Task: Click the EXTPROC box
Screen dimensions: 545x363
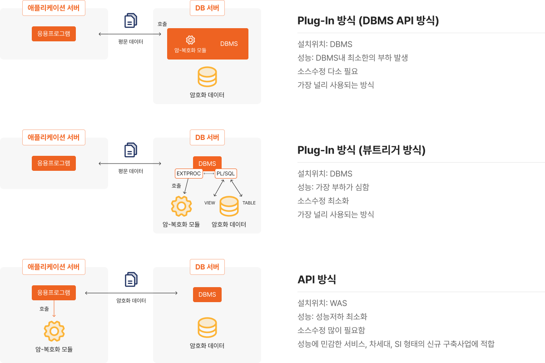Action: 189,174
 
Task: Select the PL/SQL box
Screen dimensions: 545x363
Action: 226,174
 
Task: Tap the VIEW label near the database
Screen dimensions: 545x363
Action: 210,203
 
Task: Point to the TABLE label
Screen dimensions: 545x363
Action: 249,203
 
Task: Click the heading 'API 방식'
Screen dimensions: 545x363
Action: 317,279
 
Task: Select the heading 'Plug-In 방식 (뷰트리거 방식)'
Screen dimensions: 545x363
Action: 362,150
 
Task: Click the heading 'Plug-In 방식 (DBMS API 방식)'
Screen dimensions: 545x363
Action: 368,20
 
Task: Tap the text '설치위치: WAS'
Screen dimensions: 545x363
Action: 322,303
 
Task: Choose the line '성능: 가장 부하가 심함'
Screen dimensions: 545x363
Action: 333,187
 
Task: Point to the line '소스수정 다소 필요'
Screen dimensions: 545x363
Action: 328,71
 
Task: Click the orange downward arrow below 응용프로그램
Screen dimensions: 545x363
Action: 54,308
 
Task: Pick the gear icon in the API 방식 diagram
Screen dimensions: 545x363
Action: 54,331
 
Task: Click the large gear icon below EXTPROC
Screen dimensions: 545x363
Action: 182,206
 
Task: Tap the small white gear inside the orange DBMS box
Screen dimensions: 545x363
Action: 190,40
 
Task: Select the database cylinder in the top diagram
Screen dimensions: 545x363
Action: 207,77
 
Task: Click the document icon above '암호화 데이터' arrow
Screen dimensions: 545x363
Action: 131,279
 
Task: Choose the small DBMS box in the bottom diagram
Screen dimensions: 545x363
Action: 207,294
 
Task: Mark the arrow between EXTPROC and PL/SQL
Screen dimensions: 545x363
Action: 209,174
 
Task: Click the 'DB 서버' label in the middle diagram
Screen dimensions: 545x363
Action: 207,138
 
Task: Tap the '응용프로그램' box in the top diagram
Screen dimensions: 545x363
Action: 54,34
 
